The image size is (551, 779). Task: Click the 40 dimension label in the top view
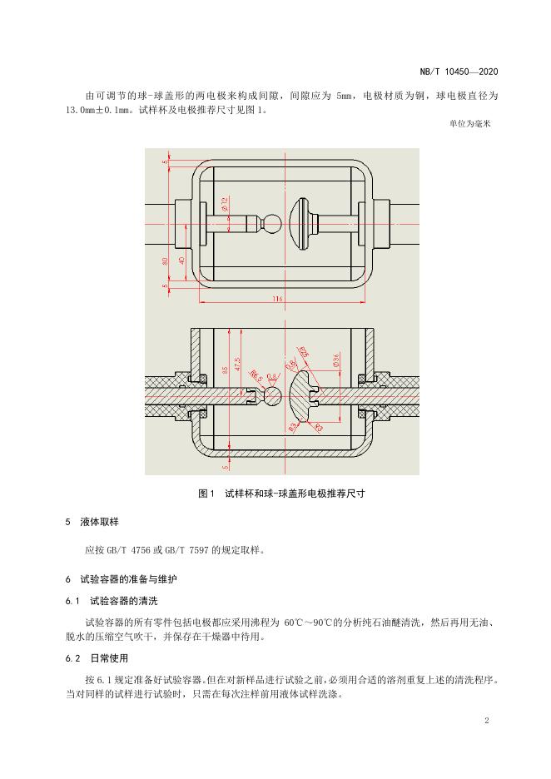coord(181,260)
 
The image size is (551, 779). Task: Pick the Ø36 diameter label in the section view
coord(335,360)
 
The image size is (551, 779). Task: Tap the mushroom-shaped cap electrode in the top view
coord(303,222)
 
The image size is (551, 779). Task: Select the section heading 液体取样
coord(100,522)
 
